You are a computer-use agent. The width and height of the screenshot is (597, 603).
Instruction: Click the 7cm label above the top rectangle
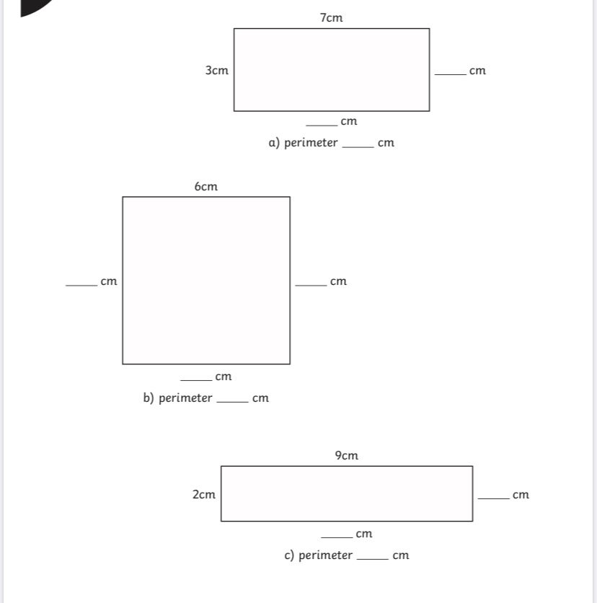click(331, 18)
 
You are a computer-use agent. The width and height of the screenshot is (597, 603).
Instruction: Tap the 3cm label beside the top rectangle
click(217, 71)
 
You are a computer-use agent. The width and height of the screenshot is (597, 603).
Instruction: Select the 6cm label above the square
click(206, 187)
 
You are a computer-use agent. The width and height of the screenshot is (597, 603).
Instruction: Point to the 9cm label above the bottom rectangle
click(346, 455)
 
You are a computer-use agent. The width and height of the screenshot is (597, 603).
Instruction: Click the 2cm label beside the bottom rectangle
click(204, 494)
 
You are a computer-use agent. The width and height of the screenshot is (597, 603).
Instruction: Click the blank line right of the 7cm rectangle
click(451, 74)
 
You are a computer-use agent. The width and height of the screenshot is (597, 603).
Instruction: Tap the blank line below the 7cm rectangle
click(322, 125)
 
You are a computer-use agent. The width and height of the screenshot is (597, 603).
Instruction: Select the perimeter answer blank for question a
click(358, 146)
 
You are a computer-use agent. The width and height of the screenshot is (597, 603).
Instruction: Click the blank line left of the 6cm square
click(81, 286)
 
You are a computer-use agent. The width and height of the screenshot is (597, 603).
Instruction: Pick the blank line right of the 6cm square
click(311, 286)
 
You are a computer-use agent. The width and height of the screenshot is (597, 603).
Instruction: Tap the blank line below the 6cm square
click(196, 380)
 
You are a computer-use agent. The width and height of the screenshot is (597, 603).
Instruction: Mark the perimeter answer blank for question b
click(233, 402)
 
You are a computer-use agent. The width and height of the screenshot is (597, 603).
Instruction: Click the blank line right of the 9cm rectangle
click(494, 498)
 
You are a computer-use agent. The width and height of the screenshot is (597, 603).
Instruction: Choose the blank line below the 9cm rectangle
click(337, 537)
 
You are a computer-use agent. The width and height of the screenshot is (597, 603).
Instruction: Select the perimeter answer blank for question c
click(373, 559)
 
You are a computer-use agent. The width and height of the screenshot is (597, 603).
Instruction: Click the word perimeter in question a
click(311, 143)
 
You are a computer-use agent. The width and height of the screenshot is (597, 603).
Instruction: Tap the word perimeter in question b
click(185, 397)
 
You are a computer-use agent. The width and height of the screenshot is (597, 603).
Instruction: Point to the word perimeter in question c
click(325, 555)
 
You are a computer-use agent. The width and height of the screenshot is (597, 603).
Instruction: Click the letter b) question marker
click(149, 397)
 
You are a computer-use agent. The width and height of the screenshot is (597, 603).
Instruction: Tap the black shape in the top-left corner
click(32, 7)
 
